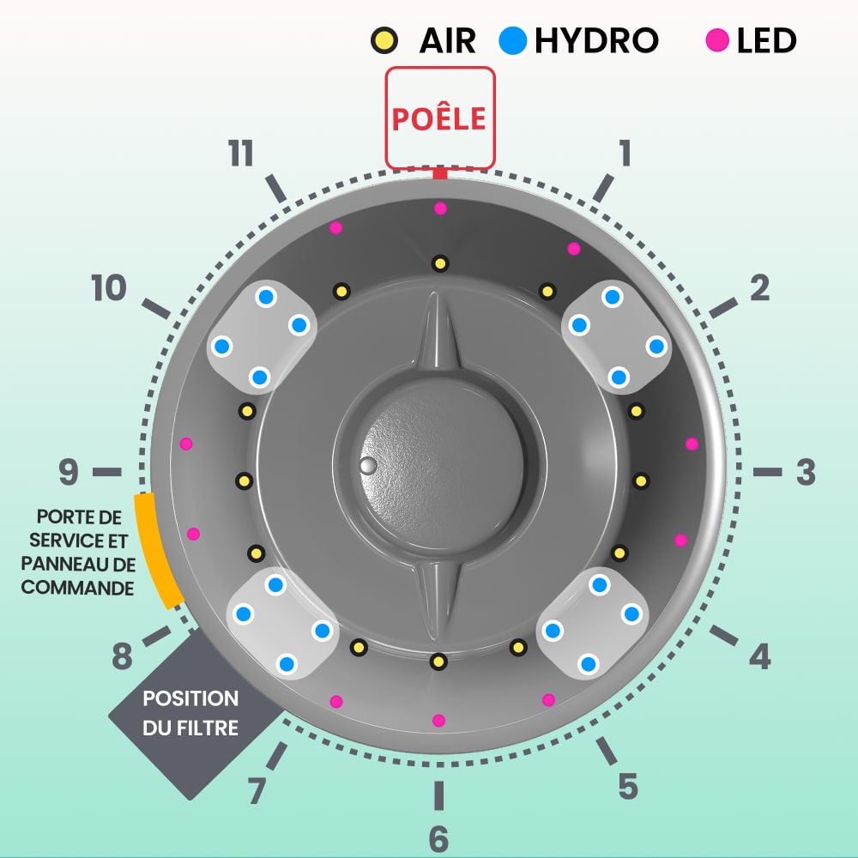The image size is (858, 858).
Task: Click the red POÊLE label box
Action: [x=440, y=118]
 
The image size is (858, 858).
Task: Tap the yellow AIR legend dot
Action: [x=384, y=40]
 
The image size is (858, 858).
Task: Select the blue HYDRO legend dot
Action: [x=513, y=40]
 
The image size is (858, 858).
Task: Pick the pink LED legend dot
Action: [x=717, y=40]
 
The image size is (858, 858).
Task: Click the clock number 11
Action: [x=241, y=153]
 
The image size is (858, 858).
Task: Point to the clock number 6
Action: [x=438, y=838]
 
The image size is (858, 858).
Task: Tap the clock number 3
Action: [x=806, y=472]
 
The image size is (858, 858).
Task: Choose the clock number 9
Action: [x=69, y=472]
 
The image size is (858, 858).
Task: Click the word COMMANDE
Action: [x=77, y=588]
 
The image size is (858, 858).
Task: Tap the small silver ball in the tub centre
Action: [x=368, y=466]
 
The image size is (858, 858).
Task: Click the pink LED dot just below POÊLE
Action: [x=440, y=208]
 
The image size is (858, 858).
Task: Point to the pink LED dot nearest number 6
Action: [x=438, y=720]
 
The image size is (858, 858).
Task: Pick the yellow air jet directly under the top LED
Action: [x=440, y=263]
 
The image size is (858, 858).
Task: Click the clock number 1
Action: [x=625, y=153]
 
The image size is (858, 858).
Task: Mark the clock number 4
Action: [x=759, y=656]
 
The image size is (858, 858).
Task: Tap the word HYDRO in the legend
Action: [x=596, y=40]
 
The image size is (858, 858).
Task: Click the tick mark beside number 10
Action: [x=156, y=309]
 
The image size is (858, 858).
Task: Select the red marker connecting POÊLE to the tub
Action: [x=440, y=173]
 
